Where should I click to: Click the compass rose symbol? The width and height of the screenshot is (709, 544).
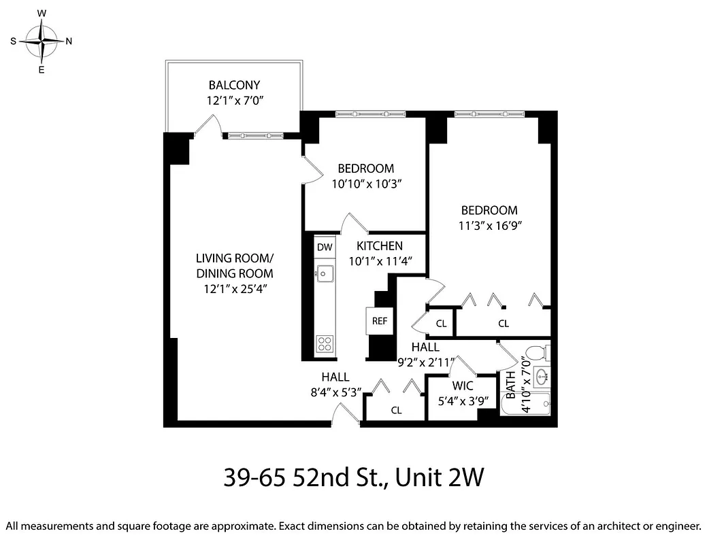pyautogui.click(x=42, y=41)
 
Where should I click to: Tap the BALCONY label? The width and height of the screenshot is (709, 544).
pyautogui.click(x=235, y=85)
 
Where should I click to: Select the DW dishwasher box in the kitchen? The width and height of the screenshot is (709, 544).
pyautogui.click(x=325, y=247)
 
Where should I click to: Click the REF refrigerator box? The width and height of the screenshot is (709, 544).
pyautogui.click(x=379, y=321)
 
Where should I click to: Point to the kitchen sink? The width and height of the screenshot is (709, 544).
pyautogui.click(x=325, y=274)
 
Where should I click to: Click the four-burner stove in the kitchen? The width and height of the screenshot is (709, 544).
pyautogui.click(x=325, y=343)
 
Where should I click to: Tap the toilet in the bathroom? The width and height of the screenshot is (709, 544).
pyautogui.click(x=538, y=354)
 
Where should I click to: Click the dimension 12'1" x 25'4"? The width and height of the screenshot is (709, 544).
pyautogui.click(x=234, y=288)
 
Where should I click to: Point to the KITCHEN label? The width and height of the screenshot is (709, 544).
pyautogui.click(x=380, y=246)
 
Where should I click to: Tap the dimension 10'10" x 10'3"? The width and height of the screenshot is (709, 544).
pyautogui.click(x=368, y=184)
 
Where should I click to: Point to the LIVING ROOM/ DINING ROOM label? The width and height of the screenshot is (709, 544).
pyautogui.click(x=234, y=266)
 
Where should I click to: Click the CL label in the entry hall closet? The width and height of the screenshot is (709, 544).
pyautogui.click(x=396, y=410)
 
